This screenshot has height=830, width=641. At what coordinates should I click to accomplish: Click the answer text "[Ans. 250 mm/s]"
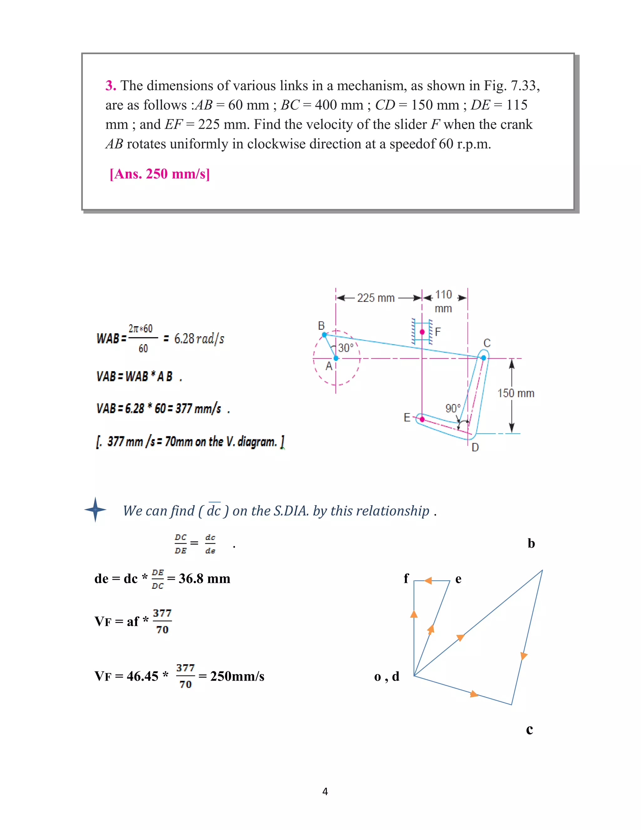[160, 174]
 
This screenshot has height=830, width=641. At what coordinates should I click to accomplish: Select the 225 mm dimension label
[376, 298]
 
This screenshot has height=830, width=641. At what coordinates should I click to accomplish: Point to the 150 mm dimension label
[516, 393]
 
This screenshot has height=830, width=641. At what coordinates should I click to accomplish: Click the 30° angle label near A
[346, 348]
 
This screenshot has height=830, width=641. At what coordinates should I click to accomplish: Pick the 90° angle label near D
[453, 408]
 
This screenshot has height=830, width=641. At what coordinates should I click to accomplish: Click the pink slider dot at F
[422, 332]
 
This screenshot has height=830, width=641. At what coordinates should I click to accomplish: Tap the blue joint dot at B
[324, 335]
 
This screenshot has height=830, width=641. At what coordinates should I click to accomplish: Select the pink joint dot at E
[422, 419]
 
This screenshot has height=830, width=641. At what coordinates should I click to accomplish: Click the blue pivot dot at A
[336, 358]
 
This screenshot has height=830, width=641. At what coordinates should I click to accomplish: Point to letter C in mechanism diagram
[487, 343]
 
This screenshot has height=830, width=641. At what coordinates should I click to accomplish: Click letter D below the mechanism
[475, 447]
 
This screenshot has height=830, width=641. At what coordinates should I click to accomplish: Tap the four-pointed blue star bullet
[95, 510]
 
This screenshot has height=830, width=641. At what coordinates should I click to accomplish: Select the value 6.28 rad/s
[199, 338]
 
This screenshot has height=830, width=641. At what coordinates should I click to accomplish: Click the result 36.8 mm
[204, 579]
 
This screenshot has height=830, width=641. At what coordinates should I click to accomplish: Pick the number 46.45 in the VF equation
[142, 676]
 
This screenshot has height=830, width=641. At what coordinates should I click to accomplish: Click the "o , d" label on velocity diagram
[387, 677]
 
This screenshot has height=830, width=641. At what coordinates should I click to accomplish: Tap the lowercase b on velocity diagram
[531, 543]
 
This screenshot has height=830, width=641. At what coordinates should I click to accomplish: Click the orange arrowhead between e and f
[428, 581]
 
